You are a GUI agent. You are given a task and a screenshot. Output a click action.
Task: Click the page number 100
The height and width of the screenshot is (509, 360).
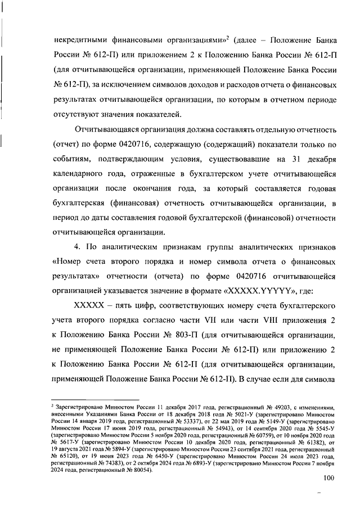(x=329, y=479)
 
